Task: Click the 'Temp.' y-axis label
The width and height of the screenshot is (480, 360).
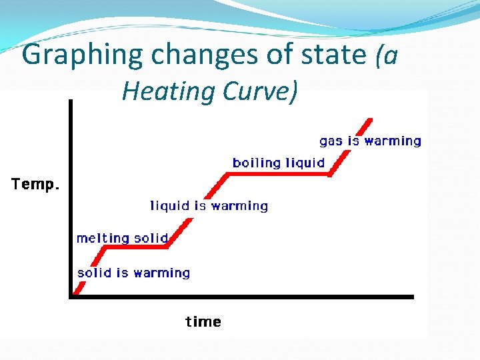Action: pyautogui.click(x=35, y=185)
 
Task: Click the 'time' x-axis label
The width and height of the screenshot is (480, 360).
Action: pyautogui.click(x=203, y=322)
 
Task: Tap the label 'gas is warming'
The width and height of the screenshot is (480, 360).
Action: pyautogui.click(x=370, y=141)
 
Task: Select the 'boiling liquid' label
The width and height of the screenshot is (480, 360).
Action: pyautogui.click(x=278, y=163)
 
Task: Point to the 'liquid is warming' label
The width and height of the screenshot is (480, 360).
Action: pyautogui.click(x=209, y=206)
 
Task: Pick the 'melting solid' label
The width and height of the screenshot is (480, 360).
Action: pyautogui.click(x=121, y=238)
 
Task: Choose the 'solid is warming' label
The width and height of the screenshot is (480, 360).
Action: pyautogui.click(x=133, y=273)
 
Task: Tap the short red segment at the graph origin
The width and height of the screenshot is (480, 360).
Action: pyautogui.click(x=78, y=287)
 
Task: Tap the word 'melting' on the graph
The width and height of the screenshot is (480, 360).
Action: pyautogui.click(x=103, y=238)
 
